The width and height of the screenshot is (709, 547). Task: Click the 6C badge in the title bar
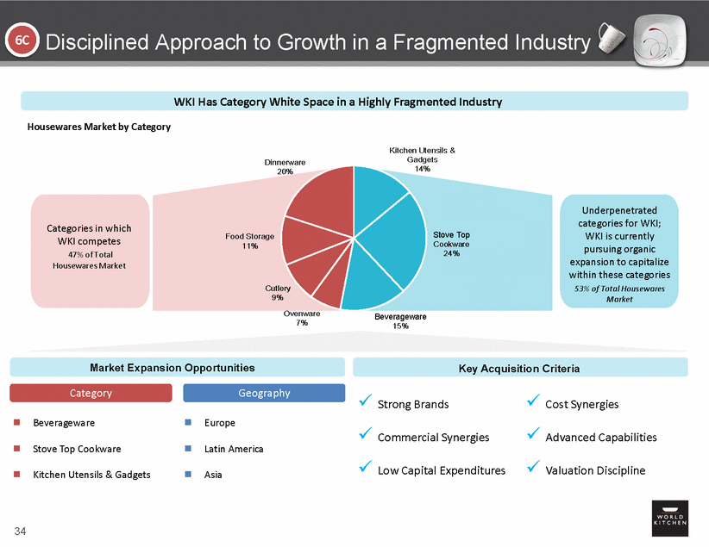point(20,40)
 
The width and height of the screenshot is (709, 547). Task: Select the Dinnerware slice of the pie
point(318,195)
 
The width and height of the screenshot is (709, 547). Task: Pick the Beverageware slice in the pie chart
point(371,289)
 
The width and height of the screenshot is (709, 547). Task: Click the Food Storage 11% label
point(249,241)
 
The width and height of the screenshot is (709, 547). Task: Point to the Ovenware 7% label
point(302,319)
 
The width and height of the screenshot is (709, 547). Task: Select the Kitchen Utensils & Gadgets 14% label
point(422,159)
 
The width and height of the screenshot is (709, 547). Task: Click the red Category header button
point(91,393)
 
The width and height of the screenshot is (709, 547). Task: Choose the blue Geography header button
point(264,393)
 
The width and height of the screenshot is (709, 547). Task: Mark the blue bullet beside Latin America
point(187,449)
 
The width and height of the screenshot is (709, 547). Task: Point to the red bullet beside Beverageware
point(15,423)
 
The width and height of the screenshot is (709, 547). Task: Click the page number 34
point(20,529)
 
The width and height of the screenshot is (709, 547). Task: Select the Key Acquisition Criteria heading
point(519,368)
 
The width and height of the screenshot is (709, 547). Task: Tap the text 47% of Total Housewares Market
point(90,259)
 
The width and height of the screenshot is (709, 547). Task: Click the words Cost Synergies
point(582,404)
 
